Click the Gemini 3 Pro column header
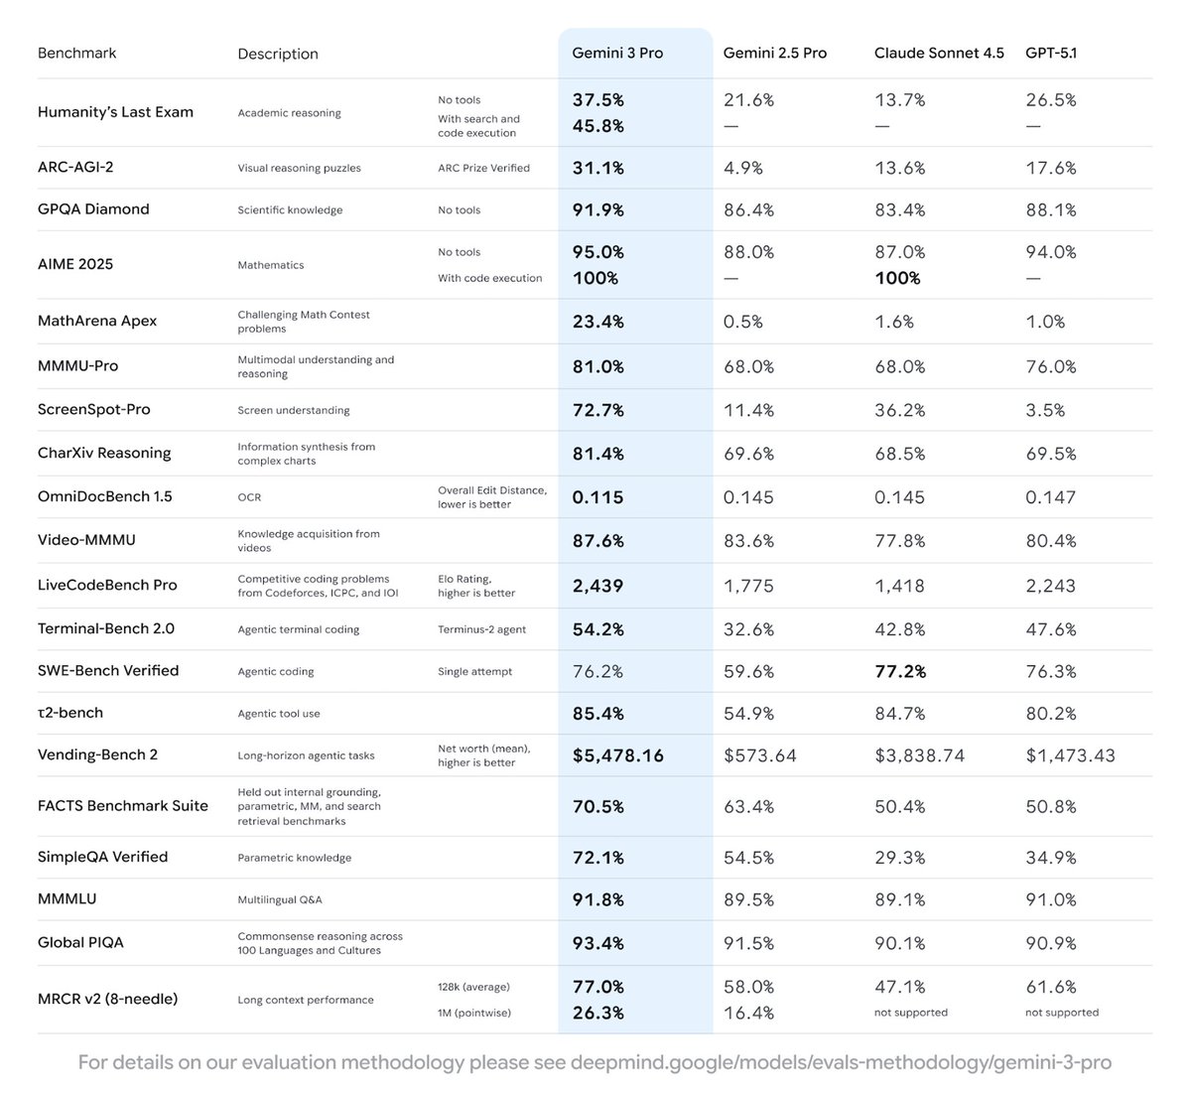(x=617, y=53)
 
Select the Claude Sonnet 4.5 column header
(x=939, y=53)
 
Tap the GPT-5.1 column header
(x=1051, y=53)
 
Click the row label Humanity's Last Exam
(x=115, y=112)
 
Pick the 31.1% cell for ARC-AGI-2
(x=598, y=168)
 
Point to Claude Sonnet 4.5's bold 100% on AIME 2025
(x=897, y=278)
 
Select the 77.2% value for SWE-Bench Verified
(x=900, y=671)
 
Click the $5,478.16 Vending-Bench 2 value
(x=618, y=755)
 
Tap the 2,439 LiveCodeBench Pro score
(x=598, y=586)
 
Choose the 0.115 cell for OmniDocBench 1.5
(x=598, y=497)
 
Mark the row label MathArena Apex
(x=97, y=321)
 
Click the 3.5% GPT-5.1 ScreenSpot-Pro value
(x=1045, y=409)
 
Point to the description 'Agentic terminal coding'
(x=299, y=629)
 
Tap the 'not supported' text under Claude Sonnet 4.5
(x=911, y=1013)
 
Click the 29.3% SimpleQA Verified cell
(x=900, y=857)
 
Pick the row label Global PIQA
(x=80, y=942)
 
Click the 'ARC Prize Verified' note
(x=483, y=168)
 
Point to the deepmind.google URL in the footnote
(x=841, y=1062)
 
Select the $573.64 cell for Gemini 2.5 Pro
(x=760, y=755)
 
